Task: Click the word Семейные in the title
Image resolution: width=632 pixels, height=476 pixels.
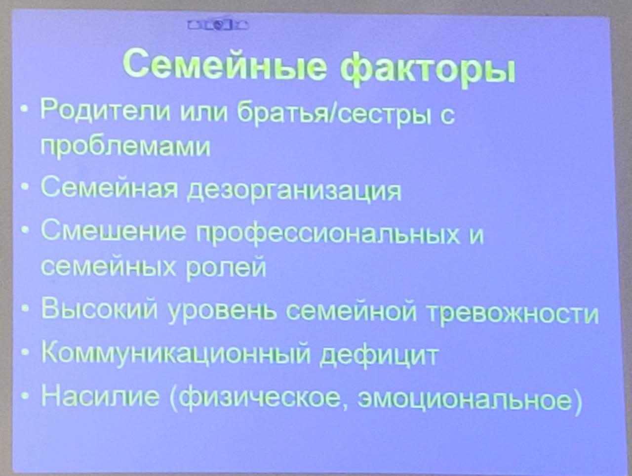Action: [x=225, y=65]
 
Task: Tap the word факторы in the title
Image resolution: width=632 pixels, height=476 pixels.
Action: [x=427, y=69]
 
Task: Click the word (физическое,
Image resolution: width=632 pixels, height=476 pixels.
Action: [x=259, y=397]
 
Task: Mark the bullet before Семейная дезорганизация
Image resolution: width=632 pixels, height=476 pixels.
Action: [x=25, y=187]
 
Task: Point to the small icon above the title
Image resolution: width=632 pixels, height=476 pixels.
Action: [x=218, y=25]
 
